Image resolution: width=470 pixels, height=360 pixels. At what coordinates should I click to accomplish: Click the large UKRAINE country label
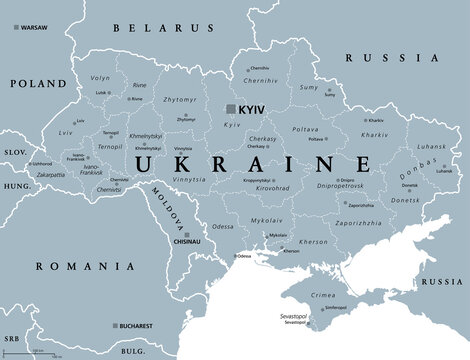(249, 163)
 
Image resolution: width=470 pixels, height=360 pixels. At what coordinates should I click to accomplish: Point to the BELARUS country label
(156, 30)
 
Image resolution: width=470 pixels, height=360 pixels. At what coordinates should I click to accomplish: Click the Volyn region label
(101, 76)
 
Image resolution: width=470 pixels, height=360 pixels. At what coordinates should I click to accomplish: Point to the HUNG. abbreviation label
(16, 185)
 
